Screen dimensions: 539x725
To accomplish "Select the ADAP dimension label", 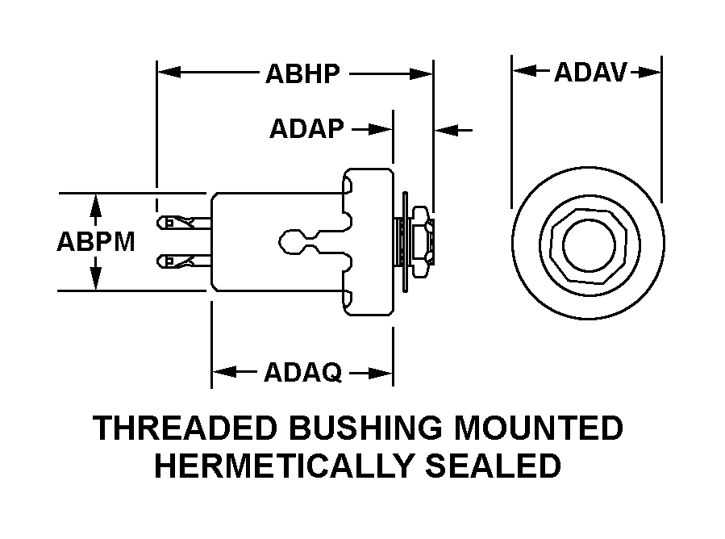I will tap(306, 129).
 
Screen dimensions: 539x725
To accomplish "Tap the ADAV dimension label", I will tap(590, 73).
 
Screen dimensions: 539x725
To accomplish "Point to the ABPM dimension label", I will tap(96, 241).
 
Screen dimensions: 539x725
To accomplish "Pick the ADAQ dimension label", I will tap(302, 373).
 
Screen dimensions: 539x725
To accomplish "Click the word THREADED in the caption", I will tap(188, 428).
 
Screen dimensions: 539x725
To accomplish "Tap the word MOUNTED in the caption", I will tap(538, 428).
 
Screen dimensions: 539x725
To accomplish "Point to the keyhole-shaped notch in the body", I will tap(299, 240).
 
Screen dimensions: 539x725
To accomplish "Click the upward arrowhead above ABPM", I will tap(96, 203).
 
